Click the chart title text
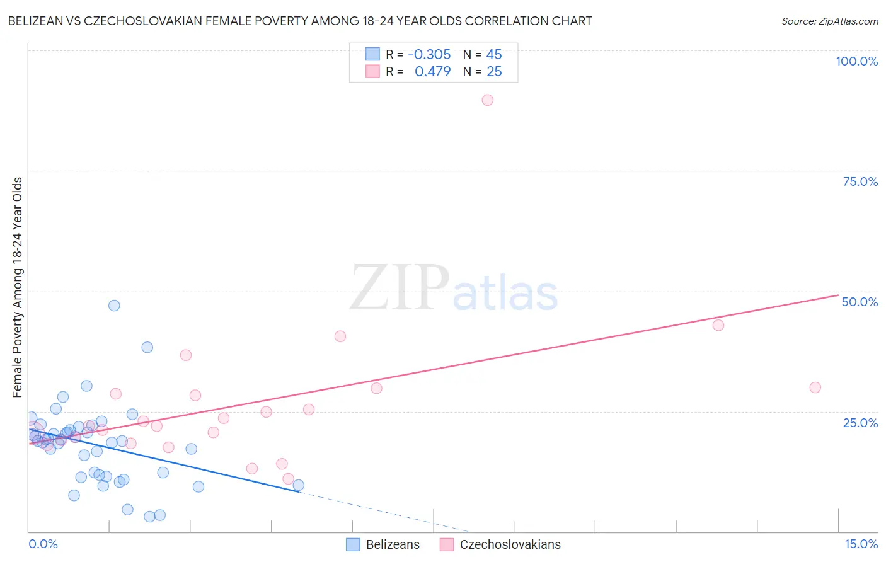300,21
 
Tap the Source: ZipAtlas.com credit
829,21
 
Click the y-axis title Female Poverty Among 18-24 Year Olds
17,287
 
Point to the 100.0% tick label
856,61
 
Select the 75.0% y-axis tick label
860,181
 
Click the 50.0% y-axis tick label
860,302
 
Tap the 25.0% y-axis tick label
860,422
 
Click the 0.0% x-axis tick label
43,544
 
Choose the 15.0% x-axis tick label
861,544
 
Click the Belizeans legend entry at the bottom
383,544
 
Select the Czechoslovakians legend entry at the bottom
500,544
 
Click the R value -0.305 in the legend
429,54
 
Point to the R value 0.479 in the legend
432,72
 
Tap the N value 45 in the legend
494,54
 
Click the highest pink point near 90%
487,100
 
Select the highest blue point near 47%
114,306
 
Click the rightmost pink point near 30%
815,387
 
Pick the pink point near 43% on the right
718,325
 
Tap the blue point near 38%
147,347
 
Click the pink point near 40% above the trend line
340,336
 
